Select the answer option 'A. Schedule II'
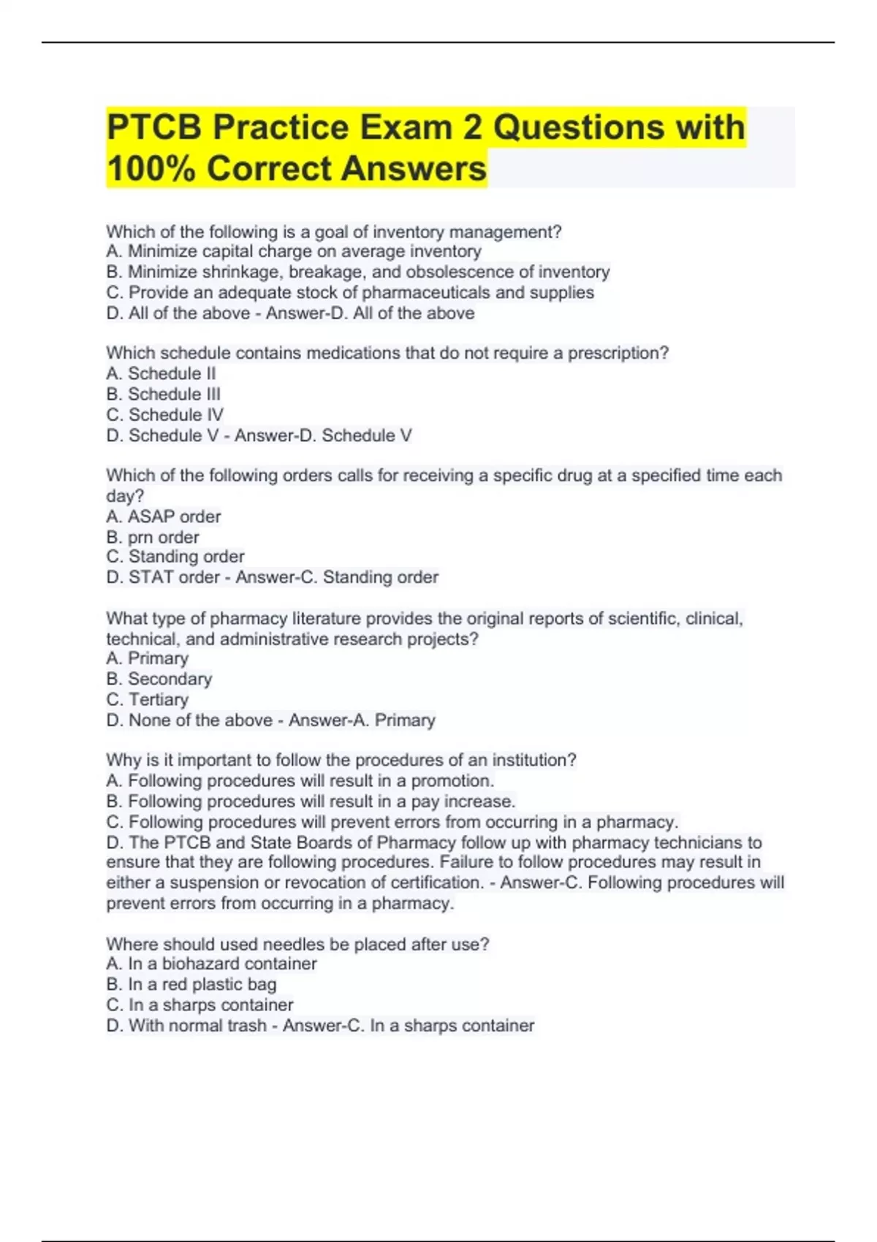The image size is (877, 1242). pyautogui.click(x=161, y=373)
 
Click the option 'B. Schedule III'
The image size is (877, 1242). pyautogui.click(x=163, y=394)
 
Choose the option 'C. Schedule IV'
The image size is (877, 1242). pyautogui.click(x=164, y=414)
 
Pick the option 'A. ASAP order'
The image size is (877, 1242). pyautogui.click(x=163, y=517)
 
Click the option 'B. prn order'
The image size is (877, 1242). pyautogui.click(x=152, y=537)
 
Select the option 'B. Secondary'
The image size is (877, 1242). pyautogui.click(x=159, y=679)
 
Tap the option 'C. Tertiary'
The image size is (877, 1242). pyautogui.click(x=147, y=699)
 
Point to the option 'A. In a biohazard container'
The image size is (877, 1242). pyautogui.click(x=211, y=964)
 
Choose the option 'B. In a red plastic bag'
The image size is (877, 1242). pyautogui.click(x=191, y=984)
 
